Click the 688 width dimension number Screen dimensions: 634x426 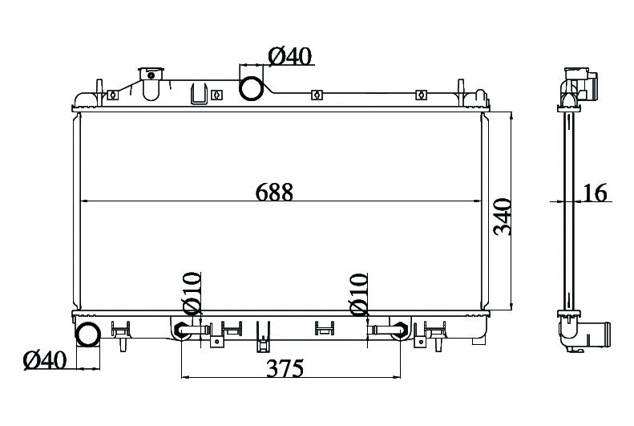(x=274, y=193)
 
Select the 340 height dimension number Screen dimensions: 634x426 (x=503, y=217)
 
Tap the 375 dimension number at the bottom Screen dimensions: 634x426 (x=285, y=368)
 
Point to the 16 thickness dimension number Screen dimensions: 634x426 (x=595, y=193)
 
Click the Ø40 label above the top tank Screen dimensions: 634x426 (x=290, y=56)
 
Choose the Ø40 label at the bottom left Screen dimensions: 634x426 (x=44, y=359)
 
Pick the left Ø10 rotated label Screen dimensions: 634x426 (x=192, y=293)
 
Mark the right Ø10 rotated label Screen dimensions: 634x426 (x=359, y=294)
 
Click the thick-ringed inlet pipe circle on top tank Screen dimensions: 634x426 (x=252, y=89)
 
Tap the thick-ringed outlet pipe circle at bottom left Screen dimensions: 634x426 (x=87, y=335)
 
